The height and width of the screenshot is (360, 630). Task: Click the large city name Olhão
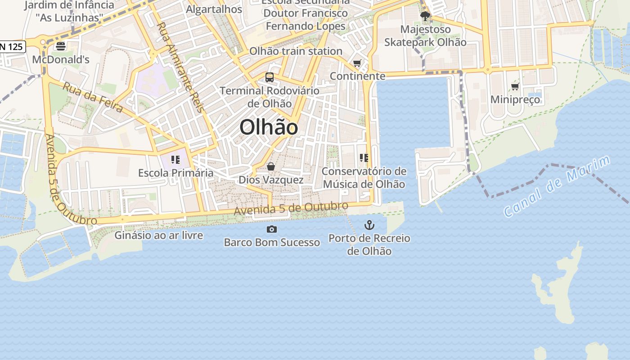pos(269,127)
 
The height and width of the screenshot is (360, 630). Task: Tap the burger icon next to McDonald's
pos(61,46)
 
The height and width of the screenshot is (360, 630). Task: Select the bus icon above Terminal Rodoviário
pos(270,77)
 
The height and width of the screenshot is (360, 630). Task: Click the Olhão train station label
pos(296,51)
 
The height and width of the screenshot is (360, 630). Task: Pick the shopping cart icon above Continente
pos(357,63)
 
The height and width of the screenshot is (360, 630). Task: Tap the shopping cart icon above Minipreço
pos(515,86)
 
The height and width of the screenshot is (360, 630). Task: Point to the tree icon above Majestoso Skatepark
pos(425,17)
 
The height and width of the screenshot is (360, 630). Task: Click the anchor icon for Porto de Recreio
pos(369,225)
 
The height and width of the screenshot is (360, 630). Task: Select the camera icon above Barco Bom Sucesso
pos(272,229)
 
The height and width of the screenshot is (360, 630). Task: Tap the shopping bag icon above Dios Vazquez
pos(271,167)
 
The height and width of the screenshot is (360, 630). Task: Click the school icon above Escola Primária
pos(175,160)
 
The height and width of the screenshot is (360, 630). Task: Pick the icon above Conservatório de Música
pos(364,158)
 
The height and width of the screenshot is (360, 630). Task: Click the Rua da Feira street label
pos(93,97)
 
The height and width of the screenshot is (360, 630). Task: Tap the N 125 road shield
pos(12,46)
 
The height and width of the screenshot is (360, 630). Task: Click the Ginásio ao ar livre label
pos(158,235)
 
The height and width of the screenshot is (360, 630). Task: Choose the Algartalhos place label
pos(214,9)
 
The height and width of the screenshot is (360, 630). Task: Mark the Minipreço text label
pos(515,99)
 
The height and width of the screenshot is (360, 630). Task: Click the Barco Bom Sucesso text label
pos(272,243)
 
